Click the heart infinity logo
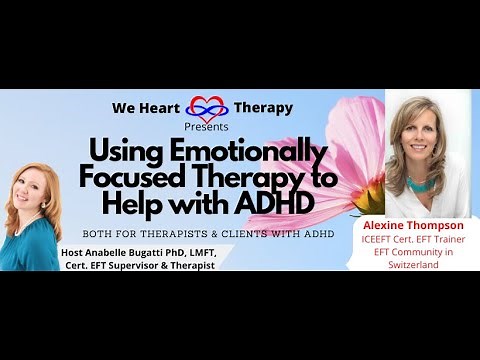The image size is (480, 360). tap(208, 109)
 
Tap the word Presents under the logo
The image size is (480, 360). tap(208, 128)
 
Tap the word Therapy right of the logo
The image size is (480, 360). tap(263, 108)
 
